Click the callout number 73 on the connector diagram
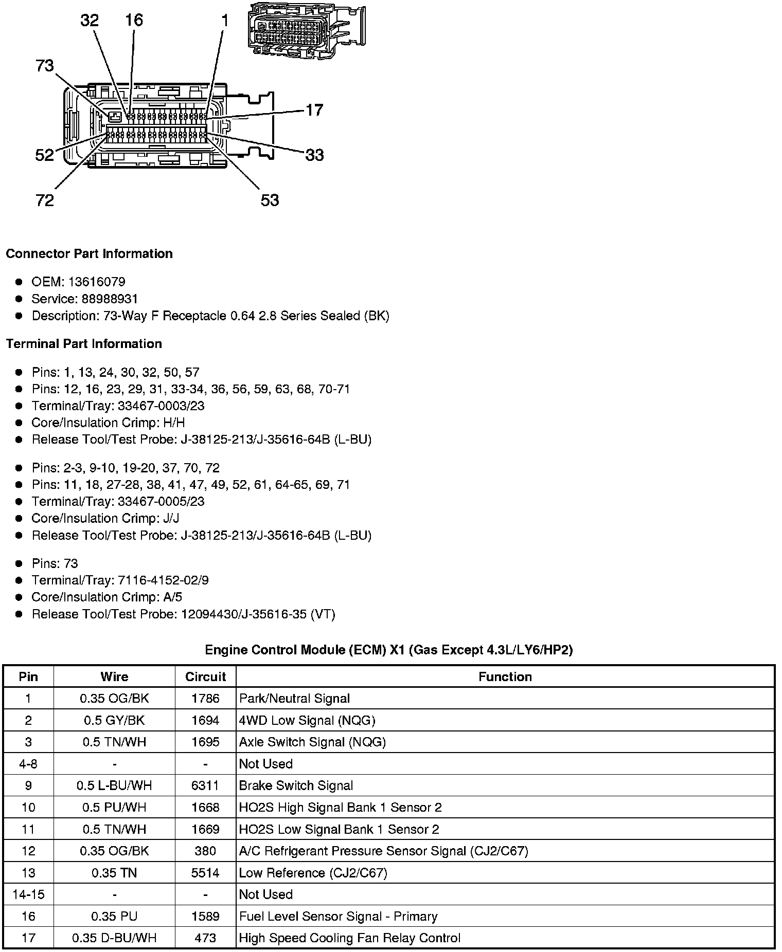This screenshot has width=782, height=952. pos(45,66)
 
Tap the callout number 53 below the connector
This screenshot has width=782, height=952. pos(270,200)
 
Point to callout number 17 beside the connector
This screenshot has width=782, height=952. pos(314,110)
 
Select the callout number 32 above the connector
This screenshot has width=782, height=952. pos(90,21)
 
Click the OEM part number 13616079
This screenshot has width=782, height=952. pos(97,282)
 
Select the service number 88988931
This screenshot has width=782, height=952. pos(110,299)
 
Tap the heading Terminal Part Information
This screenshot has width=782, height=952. pos(84,344)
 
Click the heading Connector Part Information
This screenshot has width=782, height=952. pos(89,254)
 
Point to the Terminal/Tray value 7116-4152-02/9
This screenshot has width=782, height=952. pos(163,580)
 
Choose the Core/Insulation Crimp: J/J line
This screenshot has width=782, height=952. pos(105,518)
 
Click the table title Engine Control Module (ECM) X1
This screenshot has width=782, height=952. pos(389,650)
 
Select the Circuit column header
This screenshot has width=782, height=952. pos(205,676)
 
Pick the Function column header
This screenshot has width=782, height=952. pos(505,676)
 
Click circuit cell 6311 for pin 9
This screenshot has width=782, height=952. pos(205,785)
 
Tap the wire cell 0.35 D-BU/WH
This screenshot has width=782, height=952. pos(114,938)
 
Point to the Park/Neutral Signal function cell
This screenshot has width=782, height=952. pos(294,699)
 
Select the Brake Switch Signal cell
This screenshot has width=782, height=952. pos(296,785)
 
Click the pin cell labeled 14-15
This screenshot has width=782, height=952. pos(28,894)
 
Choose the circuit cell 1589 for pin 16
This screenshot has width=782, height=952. pos(205,916)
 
